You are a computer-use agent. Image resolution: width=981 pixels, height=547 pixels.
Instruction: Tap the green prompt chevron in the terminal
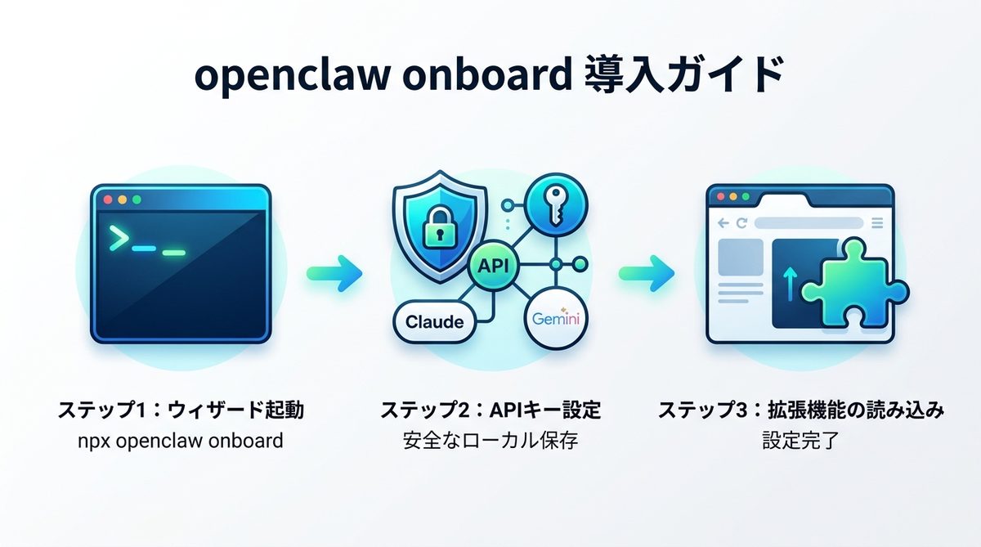(x=119, y=239)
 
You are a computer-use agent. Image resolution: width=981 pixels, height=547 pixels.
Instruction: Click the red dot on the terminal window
(x=107, y=200)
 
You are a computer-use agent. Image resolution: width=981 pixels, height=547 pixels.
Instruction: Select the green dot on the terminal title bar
(x=137, y=200)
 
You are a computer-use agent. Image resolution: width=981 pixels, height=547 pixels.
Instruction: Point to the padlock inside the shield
(x=435, y=231)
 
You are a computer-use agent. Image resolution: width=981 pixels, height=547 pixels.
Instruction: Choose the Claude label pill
(x=434, y=321)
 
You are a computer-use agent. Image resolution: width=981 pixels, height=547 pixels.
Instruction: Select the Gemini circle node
(x=555, y=320)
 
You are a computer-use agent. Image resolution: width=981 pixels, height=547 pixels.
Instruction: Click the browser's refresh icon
(x=741, y=222)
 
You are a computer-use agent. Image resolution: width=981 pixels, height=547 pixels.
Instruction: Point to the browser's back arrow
(x=722, y=222)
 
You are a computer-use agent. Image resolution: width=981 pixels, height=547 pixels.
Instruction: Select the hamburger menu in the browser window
(x=877, y=222)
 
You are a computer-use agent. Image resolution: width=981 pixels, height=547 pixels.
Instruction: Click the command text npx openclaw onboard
(x=179, y=442)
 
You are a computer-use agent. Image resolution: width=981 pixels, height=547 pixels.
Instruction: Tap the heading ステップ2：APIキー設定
(x=490, y=410)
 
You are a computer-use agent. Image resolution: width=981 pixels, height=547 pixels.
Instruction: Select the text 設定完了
(x=800, y=442)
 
